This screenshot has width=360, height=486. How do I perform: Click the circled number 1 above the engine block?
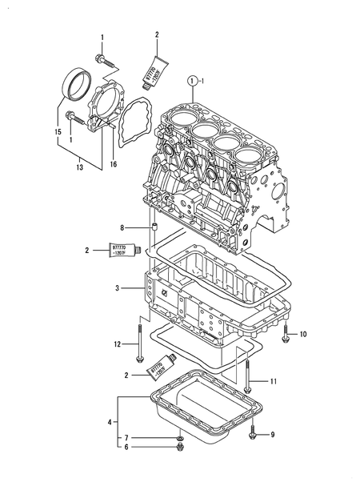[x=191, y=81]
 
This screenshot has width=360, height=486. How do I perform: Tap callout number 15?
[x=58, y=131]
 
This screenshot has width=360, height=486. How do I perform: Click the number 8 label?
[x=122, y=228]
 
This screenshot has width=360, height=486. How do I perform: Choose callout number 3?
[x=118, y=286]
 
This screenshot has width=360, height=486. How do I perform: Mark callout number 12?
[x=116, y=344]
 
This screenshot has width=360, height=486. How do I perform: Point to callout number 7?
[x=126, y=438]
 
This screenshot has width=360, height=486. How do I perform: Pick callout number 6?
[x=126, y=448]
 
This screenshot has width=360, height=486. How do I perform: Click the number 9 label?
[x=272, y=435]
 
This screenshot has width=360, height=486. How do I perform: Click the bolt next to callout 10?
[x=286, y=335]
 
